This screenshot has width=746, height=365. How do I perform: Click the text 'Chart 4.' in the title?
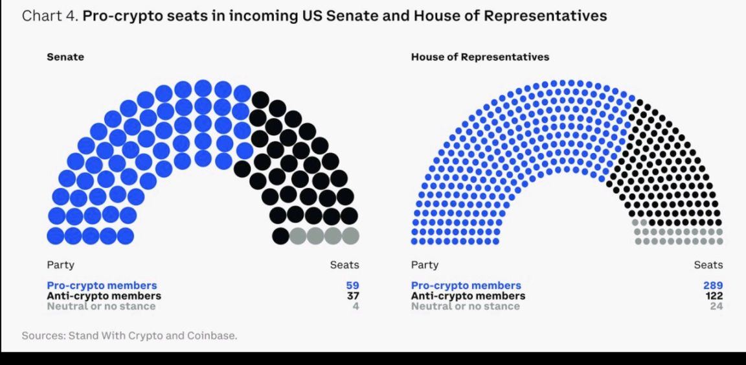pos(50,16)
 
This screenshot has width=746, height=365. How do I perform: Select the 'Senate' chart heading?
pos(65,57)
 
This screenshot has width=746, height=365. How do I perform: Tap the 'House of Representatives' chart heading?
pos(480,57)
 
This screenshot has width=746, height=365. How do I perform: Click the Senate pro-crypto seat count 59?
pos(352,285)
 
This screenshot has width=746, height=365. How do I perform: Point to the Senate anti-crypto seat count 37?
pos(352,296)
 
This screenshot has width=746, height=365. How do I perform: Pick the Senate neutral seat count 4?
pos(356,306)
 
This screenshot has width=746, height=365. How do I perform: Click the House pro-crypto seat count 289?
pos(713,285)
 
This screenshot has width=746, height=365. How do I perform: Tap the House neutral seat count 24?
pos(716,306)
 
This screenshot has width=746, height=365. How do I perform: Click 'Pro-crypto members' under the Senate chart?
pos(102,285)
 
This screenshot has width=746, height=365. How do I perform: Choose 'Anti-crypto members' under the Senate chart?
pos(104,296)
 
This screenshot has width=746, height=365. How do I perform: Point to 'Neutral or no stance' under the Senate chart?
pos(101,306)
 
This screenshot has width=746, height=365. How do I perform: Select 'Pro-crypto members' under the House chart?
pos(466,285)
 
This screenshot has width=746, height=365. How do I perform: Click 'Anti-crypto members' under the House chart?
pos(468,296)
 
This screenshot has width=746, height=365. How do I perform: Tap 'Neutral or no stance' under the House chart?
pos(465,306)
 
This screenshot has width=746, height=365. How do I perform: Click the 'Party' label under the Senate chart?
pos(60,265)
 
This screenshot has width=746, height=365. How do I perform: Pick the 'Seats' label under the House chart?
pos(708,265)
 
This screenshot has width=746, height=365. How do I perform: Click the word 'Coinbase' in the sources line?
pos(215,336)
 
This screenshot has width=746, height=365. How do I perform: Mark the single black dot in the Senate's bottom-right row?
pos(280,235)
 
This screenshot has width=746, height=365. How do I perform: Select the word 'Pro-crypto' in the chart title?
pos(117,16)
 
